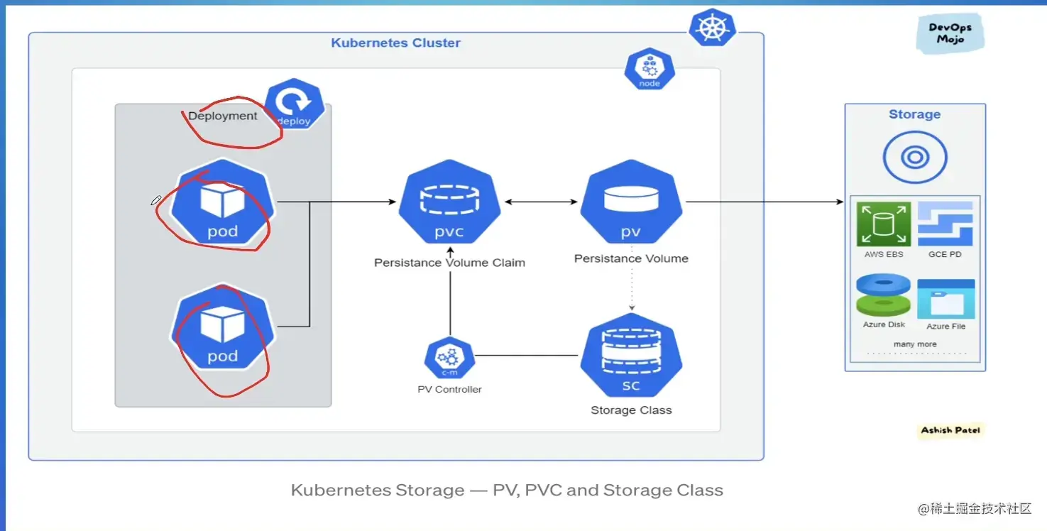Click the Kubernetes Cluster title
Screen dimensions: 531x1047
[395, 43]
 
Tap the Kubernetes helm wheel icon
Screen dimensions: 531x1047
[711, 28]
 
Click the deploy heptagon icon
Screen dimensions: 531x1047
[295, 106]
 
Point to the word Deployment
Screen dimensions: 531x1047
[223, 116]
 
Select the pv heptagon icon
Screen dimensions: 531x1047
[631, 202]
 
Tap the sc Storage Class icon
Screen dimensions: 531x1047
[631, 357]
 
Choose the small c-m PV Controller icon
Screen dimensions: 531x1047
[449, 358]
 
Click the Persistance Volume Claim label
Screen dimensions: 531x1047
[449, 263]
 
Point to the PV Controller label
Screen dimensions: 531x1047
[449, 389]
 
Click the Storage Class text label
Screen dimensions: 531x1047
[631, 410]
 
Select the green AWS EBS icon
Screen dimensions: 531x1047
[884, 224]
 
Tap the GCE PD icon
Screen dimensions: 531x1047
[945, 224]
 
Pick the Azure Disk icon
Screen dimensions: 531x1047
[884, 296]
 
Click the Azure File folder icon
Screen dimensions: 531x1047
[945, 299]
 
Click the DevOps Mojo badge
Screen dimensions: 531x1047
[950, 33]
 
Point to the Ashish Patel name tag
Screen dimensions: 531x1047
[950, 430]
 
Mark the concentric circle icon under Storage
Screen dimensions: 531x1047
[914, 157]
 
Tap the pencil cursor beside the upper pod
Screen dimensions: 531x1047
[156, 201]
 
